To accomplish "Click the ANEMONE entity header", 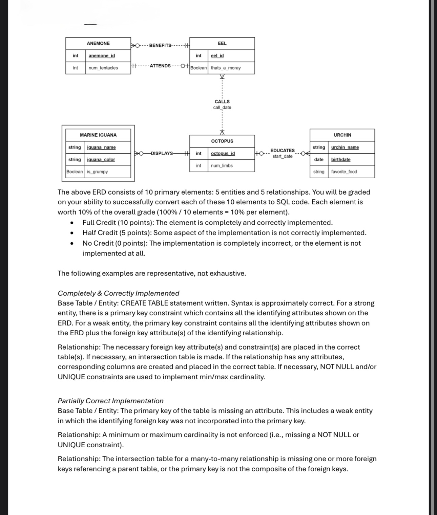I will tap(98, 43).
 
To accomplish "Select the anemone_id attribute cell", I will tap(102, 56).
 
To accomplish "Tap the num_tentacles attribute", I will tap(103, 68).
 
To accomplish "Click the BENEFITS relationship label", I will tap(160, 46).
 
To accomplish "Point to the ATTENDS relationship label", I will tap(160, 66).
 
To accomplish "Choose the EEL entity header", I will tap(222, 43).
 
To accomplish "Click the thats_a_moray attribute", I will tap(226, 68).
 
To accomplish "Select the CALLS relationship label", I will tap(222, 102).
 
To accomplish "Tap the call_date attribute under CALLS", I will tap(222, 108).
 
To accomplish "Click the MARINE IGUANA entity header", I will tap(98, 135).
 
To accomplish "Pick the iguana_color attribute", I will tap(101, 160).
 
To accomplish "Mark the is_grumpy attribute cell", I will tap(97, 172).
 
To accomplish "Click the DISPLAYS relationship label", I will tap(162, 153).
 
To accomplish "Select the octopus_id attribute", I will tap(223, 154).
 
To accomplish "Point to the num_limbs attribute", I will tap(222, 166).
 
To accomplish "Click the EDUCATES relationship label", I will tap(283, 150).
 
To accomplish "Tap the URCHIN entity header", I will tap(342, 135).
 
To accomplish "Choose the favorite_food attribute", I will tap(344, 172).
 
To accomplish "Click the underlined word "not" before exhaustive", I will tap(203, 273).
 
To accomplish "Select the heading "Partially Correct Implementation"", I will tap(110, 401).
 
